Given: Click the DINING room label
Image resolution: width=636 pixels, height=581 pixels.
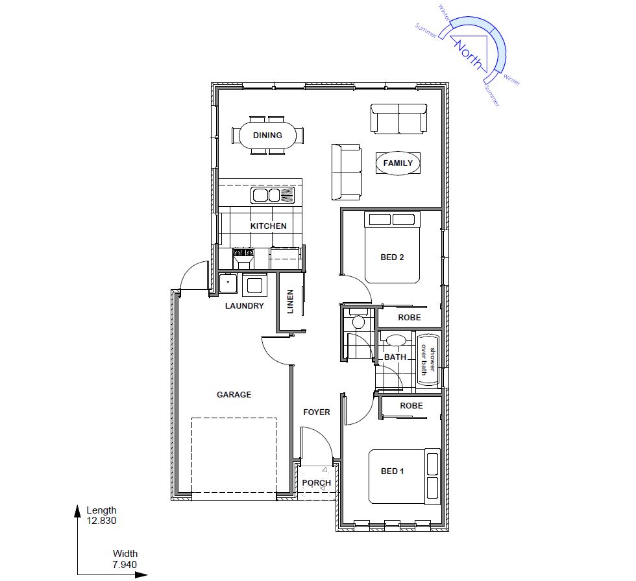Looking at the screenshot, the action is click(x=267, y=136).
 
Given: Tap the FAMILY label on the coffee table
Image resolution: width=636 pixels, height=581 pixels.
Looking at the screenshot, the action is click(x=398, y=163).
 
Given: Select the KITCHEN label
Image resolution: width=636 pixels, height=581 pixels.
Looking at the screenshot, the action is click(x=269, y=226).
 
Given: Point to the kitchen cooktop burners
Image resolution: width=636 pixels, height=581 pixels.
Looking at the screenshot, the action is click(x=243, y=253).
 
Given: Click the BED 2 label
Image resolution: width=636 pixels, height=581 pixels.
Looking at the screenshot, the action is click(x=392, y=257).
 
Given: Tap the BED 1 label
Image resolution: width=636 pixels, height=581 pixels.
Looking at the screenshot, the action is click(x=392, y=471).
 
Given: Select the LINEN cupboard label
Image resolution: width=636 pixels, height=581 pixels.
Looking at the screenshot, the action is click(x=291, y=302).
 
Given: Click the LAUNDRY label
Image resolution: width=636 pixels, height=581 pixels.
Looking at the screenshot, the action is click(x=245, y=306).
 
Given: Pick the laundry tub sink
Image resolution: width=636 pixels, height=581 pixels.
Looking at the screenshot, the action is click(x=228, y=283).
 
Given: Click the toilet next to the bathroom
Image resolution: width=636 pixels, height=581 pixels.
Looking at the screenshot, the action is click(x=358, y=319).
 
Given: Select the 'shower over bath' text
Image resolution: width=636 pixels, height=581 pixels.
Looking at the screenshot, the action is click(x=428, y=360).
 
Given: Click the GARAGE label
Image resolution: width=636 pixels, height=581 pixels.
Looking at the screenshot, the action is click(x=234, y=395).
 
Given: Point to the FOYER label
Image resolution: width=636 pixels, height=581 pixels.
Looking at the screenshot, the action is click(x=317, y=412).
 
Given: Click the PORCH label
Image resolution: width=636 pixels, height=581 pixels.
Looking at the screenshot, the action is click(x=317, y=483).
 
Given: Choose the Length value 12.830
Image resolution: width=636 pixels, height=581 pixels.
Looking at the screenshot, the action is click(x=101, y=521).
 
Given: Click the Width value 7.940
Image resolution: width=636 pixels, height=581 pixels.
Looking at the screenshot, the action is click(x=125, y=565).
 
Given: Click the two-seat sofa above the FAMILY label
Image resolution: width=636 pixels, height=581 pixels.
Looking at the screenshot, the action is click(x=398, y=119).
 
